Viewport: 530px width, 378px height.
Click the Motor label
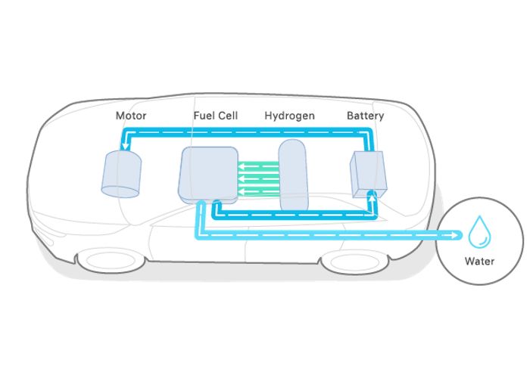[131, 116]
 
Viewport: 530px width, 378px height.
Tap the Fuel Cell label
[216, 116]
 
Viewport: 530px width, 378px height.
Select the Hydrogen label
[290, 116]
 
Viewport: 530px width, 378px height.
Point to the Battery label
[366, 116]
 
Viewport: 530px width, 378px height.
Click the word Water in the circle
[479, 262]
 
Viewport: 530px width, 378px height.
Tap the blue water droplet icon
[479, 232]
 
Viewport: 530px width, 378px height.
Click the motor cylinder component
[121, 174]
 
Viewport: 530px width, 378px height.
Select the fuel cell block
[208, 175]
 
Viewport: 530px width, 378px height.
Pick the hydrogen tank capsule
[293, 175]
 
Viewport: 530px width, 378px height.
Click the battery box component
[368, 174]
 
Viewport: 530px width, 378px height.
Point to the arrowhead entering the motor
[126, 147]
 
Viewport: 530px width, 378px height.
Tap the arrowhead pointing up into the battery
[373, 199]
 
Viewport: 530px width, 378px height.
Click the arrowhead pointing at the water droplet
[454, 235]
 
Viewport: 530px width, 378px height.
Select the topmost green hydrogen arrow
[259, 166]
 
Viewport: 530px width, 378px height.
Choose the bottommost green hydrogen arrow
[259, 192]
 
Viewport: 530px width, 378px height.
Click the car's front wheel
[111, 261]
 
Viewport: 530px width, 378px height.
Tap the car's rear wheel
[355, 262]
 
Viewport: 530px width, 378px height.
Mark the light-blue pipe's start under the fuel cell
[201, 203]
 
